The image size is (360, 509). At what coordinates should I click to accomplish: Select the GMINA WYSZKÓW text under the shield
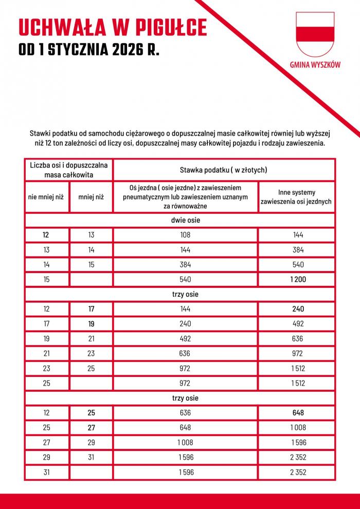tap(315, 65)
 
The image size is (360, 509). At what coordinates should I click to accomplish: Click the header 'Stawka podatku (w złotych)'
tap(223, 170)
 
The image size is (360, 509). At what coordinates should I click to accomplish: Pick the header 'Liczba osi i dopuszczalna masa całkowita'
tap(68, 170)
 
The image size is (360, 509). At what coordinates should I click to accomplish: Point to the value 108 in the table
tap(185, 235)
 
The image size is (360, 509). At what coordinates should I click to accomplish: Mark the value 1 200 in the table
tap(296, 280)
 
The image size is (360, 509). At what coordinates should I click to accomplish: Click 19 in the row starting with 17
tap(91, 324)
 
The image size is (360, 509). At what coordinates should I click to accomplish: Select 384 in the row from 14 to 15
tap(185, 265)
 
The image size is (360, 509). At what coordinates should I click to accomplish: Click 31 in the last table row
tap(46, 472)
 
